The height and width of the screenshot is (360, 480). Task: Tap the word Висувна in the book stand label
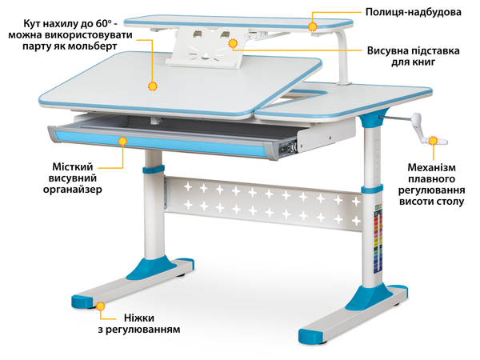tap(391, 50)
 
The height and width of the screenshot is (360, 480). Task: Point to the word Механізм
tap(431, 168)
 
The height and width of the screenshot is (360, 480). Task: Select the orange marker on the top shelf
tap(314, 26)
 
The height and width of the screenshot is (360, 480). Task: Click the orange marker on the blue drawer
tap(122, 142)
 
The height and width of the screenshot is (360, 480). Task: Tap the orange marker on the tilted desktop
tap(152, 82)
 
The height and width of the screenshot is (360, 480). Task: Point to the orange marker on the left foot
tap(100, 305)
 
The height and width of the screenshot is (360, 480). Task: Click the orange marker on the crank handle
tap(433, 142)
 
